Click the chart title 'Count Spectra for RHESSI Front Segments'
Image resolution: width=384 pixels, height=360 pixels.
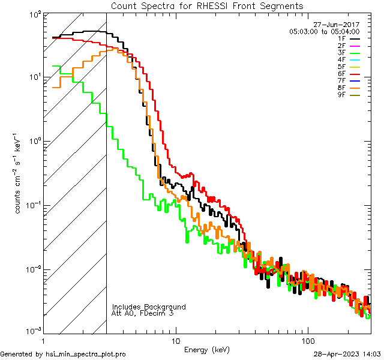click(207, 5)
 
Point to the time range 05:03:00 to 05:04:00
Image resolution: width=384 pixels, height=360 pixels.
click(324, 31)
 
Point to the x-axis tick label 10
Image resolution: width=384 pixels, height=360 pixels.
click(176, 339)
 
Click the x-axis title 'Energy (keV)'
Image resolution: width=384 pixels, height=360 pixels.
click(207, 349)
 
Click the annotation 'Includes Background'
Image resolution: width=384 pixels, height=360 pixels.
click(149, 307)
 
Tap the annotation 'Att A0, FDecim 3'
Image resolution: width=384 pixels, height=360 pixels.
click(143, 313)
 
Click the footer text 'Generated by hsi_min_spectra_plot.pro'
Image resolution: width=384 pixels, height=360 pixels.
click(63, 354)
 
